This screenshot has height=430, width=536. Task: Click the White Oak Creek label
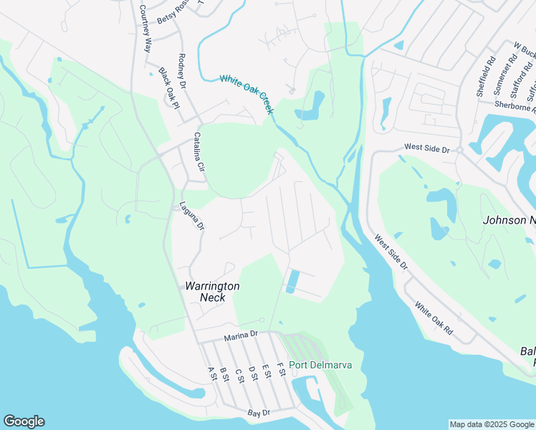pos(247,95)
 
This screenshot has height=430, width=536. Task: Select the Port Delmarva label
pos(320,365)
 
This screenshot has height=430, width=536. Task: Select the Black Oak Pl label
pos(168,87)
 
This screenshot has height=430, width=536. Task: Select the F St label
pos(282,373)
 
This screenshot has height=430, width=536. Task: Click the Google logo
pos(24,421)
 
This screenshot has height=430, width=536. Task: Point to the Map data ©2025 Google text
pos(491,424)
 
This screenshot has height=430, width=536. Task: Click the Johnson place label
pos(509,220)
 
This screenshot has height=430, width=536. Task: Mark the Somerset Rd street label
pos(501,70)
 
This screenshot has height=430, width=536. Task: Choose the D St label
pos(252,373)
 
